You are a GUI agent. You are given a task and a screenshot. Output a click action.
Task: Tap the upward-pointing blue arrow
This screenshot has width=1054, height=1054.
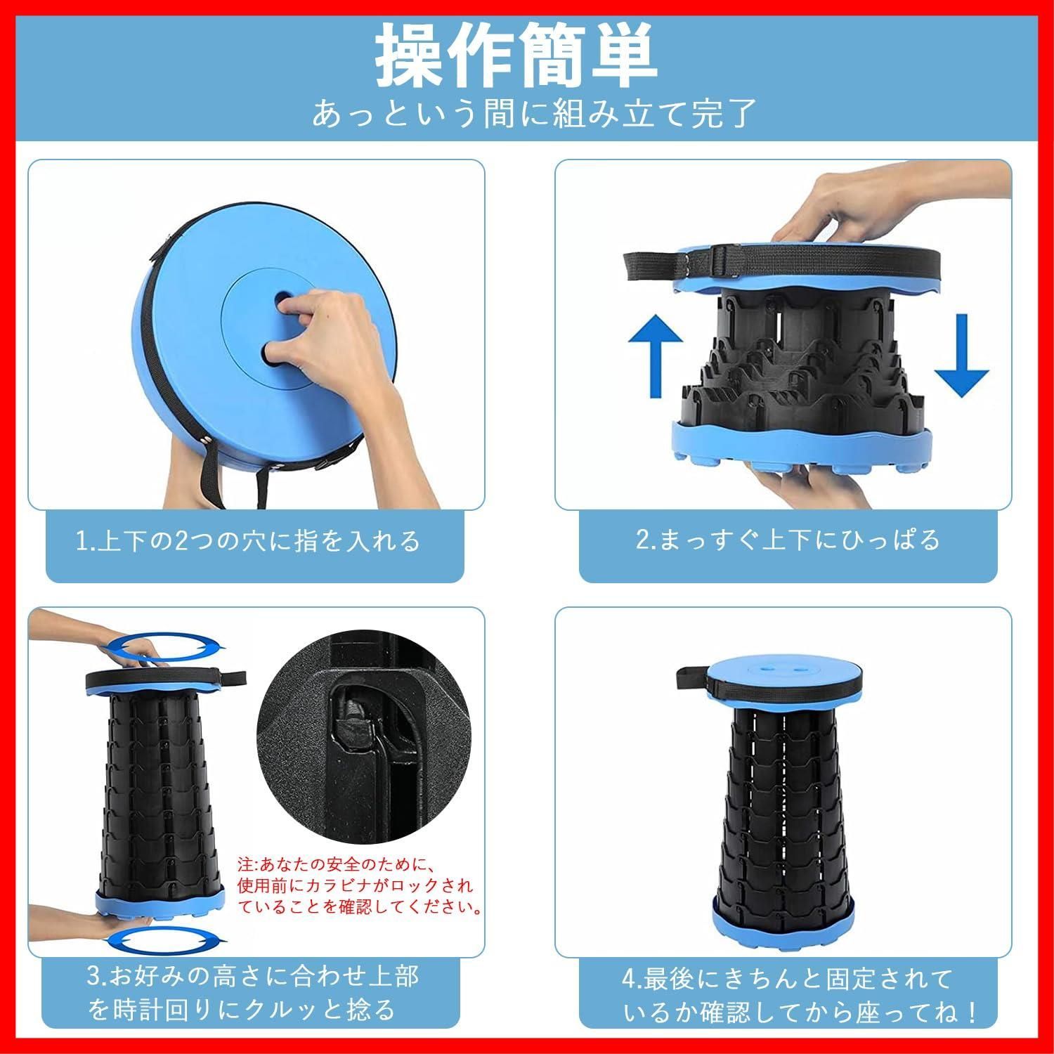(655, 357)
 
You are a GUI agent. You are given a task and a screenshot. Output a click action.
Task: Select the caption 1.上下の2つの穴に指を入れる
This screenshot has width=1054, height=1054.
(247, 540)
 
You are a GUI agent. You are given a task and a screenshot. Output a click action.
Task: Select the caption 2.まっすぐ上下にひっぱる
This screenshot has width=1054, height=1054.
(788, 539)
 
